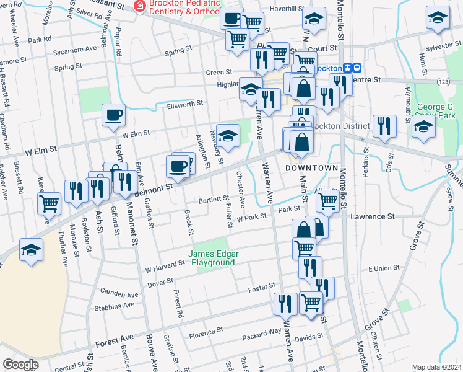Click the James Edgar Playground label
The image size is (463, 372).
(x=212, y=258)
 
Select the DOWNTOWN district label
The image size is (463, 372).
(x=313, y=168)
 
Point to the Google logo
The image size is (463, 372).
(x=20, y=365)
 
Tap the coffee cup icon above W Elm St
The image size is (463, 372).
(x=113, y=115)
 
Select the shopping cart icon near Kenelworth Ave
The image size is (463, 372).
(x=49, y=203)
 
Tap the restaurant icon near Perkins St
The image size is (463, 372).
(x=384, y=126)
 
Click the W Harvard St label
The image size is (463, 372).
(x=165, y=267)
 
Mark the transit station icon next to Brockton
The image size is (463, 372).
(x=352, y=69)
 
